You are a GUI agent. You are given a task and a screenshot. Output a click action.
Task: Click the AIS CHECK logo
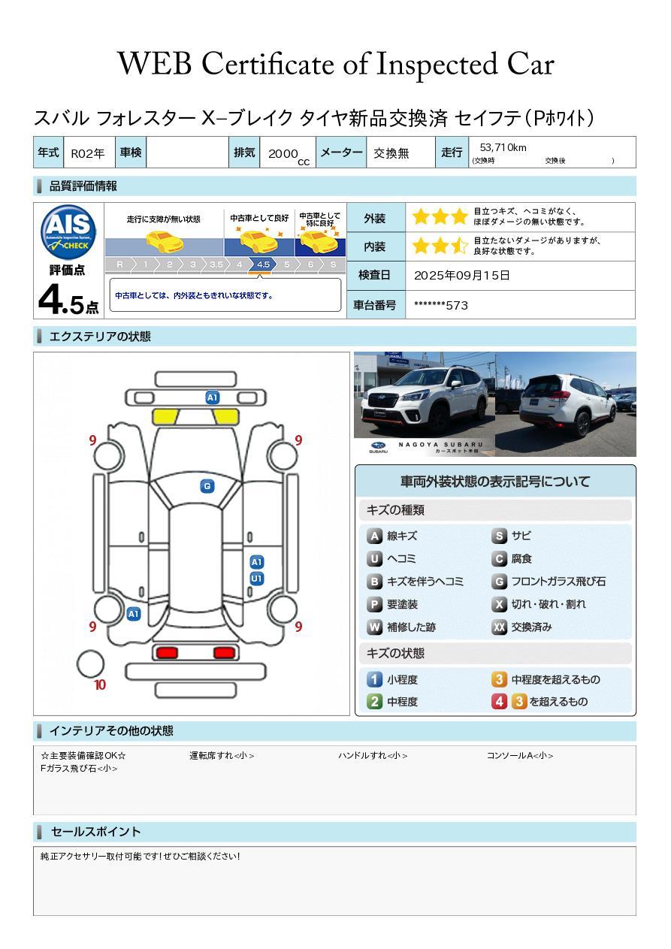(68, 231)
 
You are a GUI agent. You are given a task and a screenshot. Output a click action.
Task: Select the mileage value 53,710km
(503, 148)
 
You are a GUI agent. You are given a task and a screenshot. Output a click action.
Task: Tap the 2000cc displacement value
(289, 156)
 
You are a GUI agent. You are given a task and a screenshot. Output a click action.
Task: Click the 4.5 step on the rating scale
(263, 264)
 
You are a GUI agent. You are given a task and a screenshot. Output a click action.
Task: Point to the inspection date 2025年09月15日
(461, 275)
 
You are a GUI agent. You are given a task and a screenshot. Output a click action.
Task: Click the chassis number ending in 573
(440, 306)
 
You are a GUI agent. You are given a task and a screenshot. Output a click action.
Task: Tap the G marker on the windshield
(207, 486)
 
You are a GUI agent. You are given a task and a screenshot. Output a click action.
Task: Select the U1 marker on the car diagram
(257, 579)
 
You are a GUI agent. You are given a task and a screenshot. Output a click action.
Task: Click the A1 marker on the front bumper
(212, 397)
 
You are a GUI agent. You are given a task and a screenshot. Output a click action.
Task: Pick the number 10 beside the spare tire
(100, 685)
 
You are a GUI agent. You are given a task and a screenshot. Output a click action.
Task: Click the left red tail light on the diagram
(167, 652)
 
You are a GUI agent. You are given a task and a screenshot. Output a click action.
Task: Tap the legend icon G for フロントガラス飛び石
(499, 582)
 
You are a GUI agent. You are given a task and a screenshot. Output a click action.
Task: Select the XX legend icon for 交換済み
(499, 627)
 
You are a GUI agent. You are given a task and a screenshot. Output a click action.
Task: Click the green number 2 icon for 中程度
(374, 702)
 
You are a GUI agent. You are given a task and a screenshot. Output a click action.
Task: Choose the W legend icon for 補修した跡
(374, 627)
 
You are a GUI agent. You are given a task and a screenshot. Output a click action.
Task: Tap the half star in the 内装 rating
(458, 246)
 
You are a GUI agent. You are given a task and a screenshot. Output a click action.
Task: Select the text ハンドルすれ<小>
(373, 755)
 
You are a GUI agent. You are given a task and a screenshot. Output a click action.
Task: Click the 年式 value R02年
(88, 153)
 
